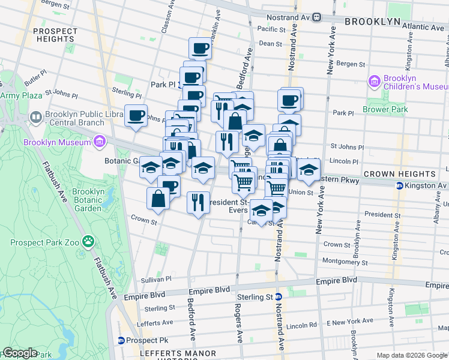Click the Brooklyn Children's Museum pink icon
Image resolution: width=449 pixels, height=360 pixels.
(375, 80)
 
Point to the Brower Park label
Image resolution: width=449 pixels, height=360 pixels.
(385, 109)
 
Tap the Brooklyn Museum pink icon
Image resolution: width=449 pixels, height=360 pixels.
(99, 142)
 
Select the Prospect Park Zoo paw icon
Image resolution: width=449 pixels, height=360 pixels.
(88, 242)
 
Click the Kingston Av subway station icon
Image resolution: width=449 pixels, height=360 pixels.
(399, 185)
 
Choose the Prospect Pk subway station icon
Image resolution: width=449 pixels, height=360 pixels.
(121, 340)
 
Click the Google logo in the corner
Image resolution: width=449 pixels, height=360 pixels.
(19, 353)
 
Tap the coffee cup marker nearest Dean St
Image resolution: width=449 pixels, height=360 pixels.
(200, 49)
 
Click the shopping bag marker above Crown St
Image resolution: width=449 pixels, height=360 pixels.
(157, 199)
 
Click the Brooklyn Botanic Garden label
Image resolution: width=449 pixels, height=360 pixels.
(88, 200)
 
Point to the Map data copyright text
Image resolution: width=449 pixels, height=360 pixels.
(412, 355)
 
